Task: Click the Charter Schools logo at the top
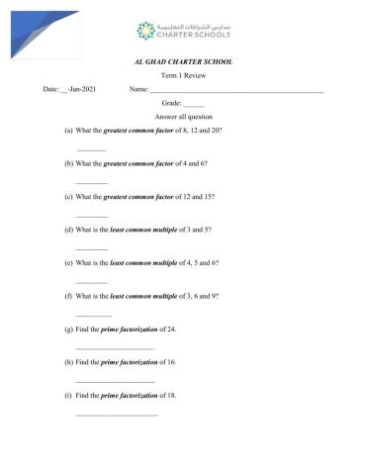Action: pyautogui.click(x=183, y=32)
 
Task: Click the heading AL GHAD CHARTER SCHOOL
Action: pyautogui.click(x=184, y=61)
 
